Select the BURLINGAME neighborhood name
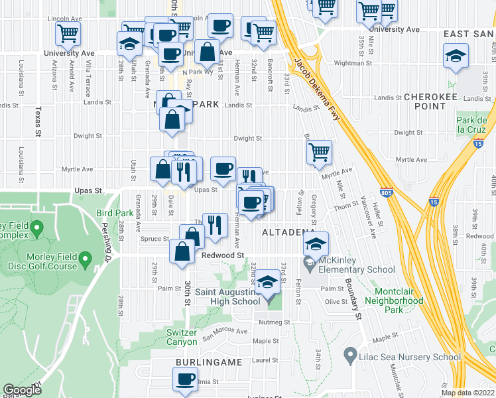tap(203, 362)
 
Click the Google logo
tap(22, 390)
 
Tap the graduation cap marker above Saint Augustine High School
tap(267, 283)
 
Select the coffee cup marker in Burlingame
tap(185, 379)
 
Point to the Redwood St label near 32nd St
tap(223, 255)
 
